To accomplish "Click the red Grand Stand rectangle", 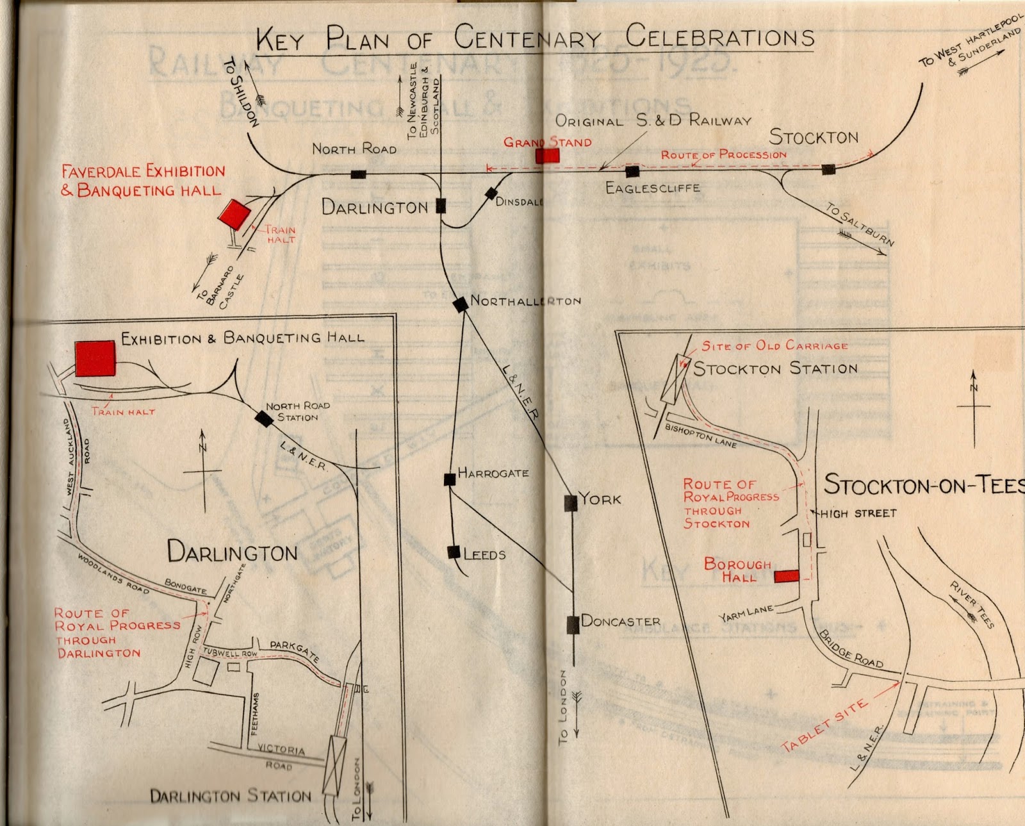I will click(x=547, y=156).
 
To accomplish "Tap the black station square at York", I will click(x=570, y=503).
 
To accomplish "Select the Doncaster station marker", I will click(x=573, y=624).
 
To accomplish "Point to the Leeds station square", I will click(x=454, y=552).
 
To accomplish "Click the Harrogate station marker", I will click(x=450, y=479).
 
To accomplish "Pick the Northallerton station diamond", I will click(x=460, y=304).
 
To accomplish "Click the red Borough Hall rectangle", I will click(x=786, y=575).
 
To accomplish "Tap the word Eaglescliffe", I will click(x=652, y=188).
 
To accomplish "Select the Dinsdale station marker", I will click(x=491, y=193).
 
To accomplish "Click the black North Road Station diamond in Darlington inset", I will click(x=263, y=419).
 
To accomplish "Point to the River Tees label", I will click(x=972, y=604).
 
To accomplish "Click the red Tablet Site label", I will click(x=824, y=725).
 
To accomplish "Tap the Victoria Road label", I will click(x=281, y=756).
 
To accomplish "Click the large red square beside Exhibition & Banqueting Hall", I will click(x=95, y=358).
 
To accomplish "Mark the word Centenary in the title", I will click(x=527, y=38).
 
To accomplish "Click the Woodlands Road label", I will click(x=113, y=573).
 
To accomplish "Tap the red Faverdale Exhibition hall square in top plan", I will click(x=234, y=214).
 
